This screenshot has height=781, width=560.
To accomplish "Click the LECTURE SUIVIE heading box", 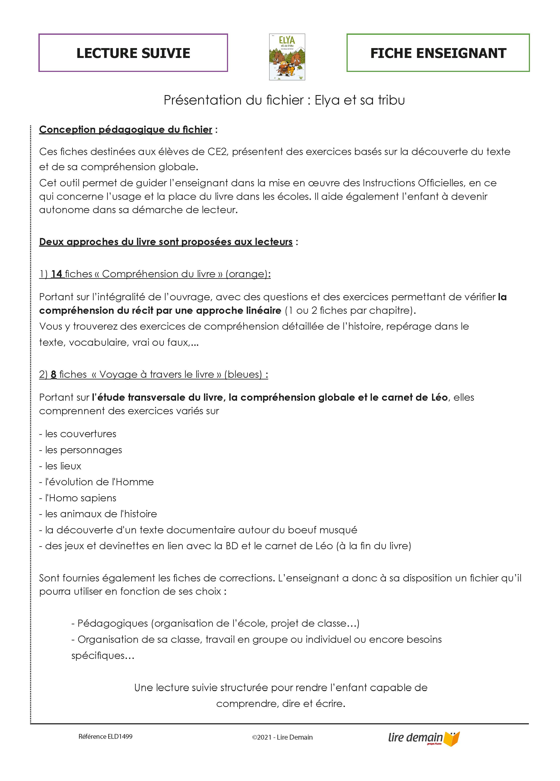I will pyautogui.click(x=133, y=53).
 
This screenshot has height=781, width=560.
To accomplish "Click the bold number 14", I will pyautogui.click(x=57, y=274).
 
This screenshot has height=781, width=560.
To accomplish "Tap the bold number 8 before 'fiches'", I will pyautogui.click(x=54, y=374).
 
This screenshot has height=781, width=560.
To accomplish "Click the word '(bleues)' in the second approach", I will pyautogui.click(x=243, y=374).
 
